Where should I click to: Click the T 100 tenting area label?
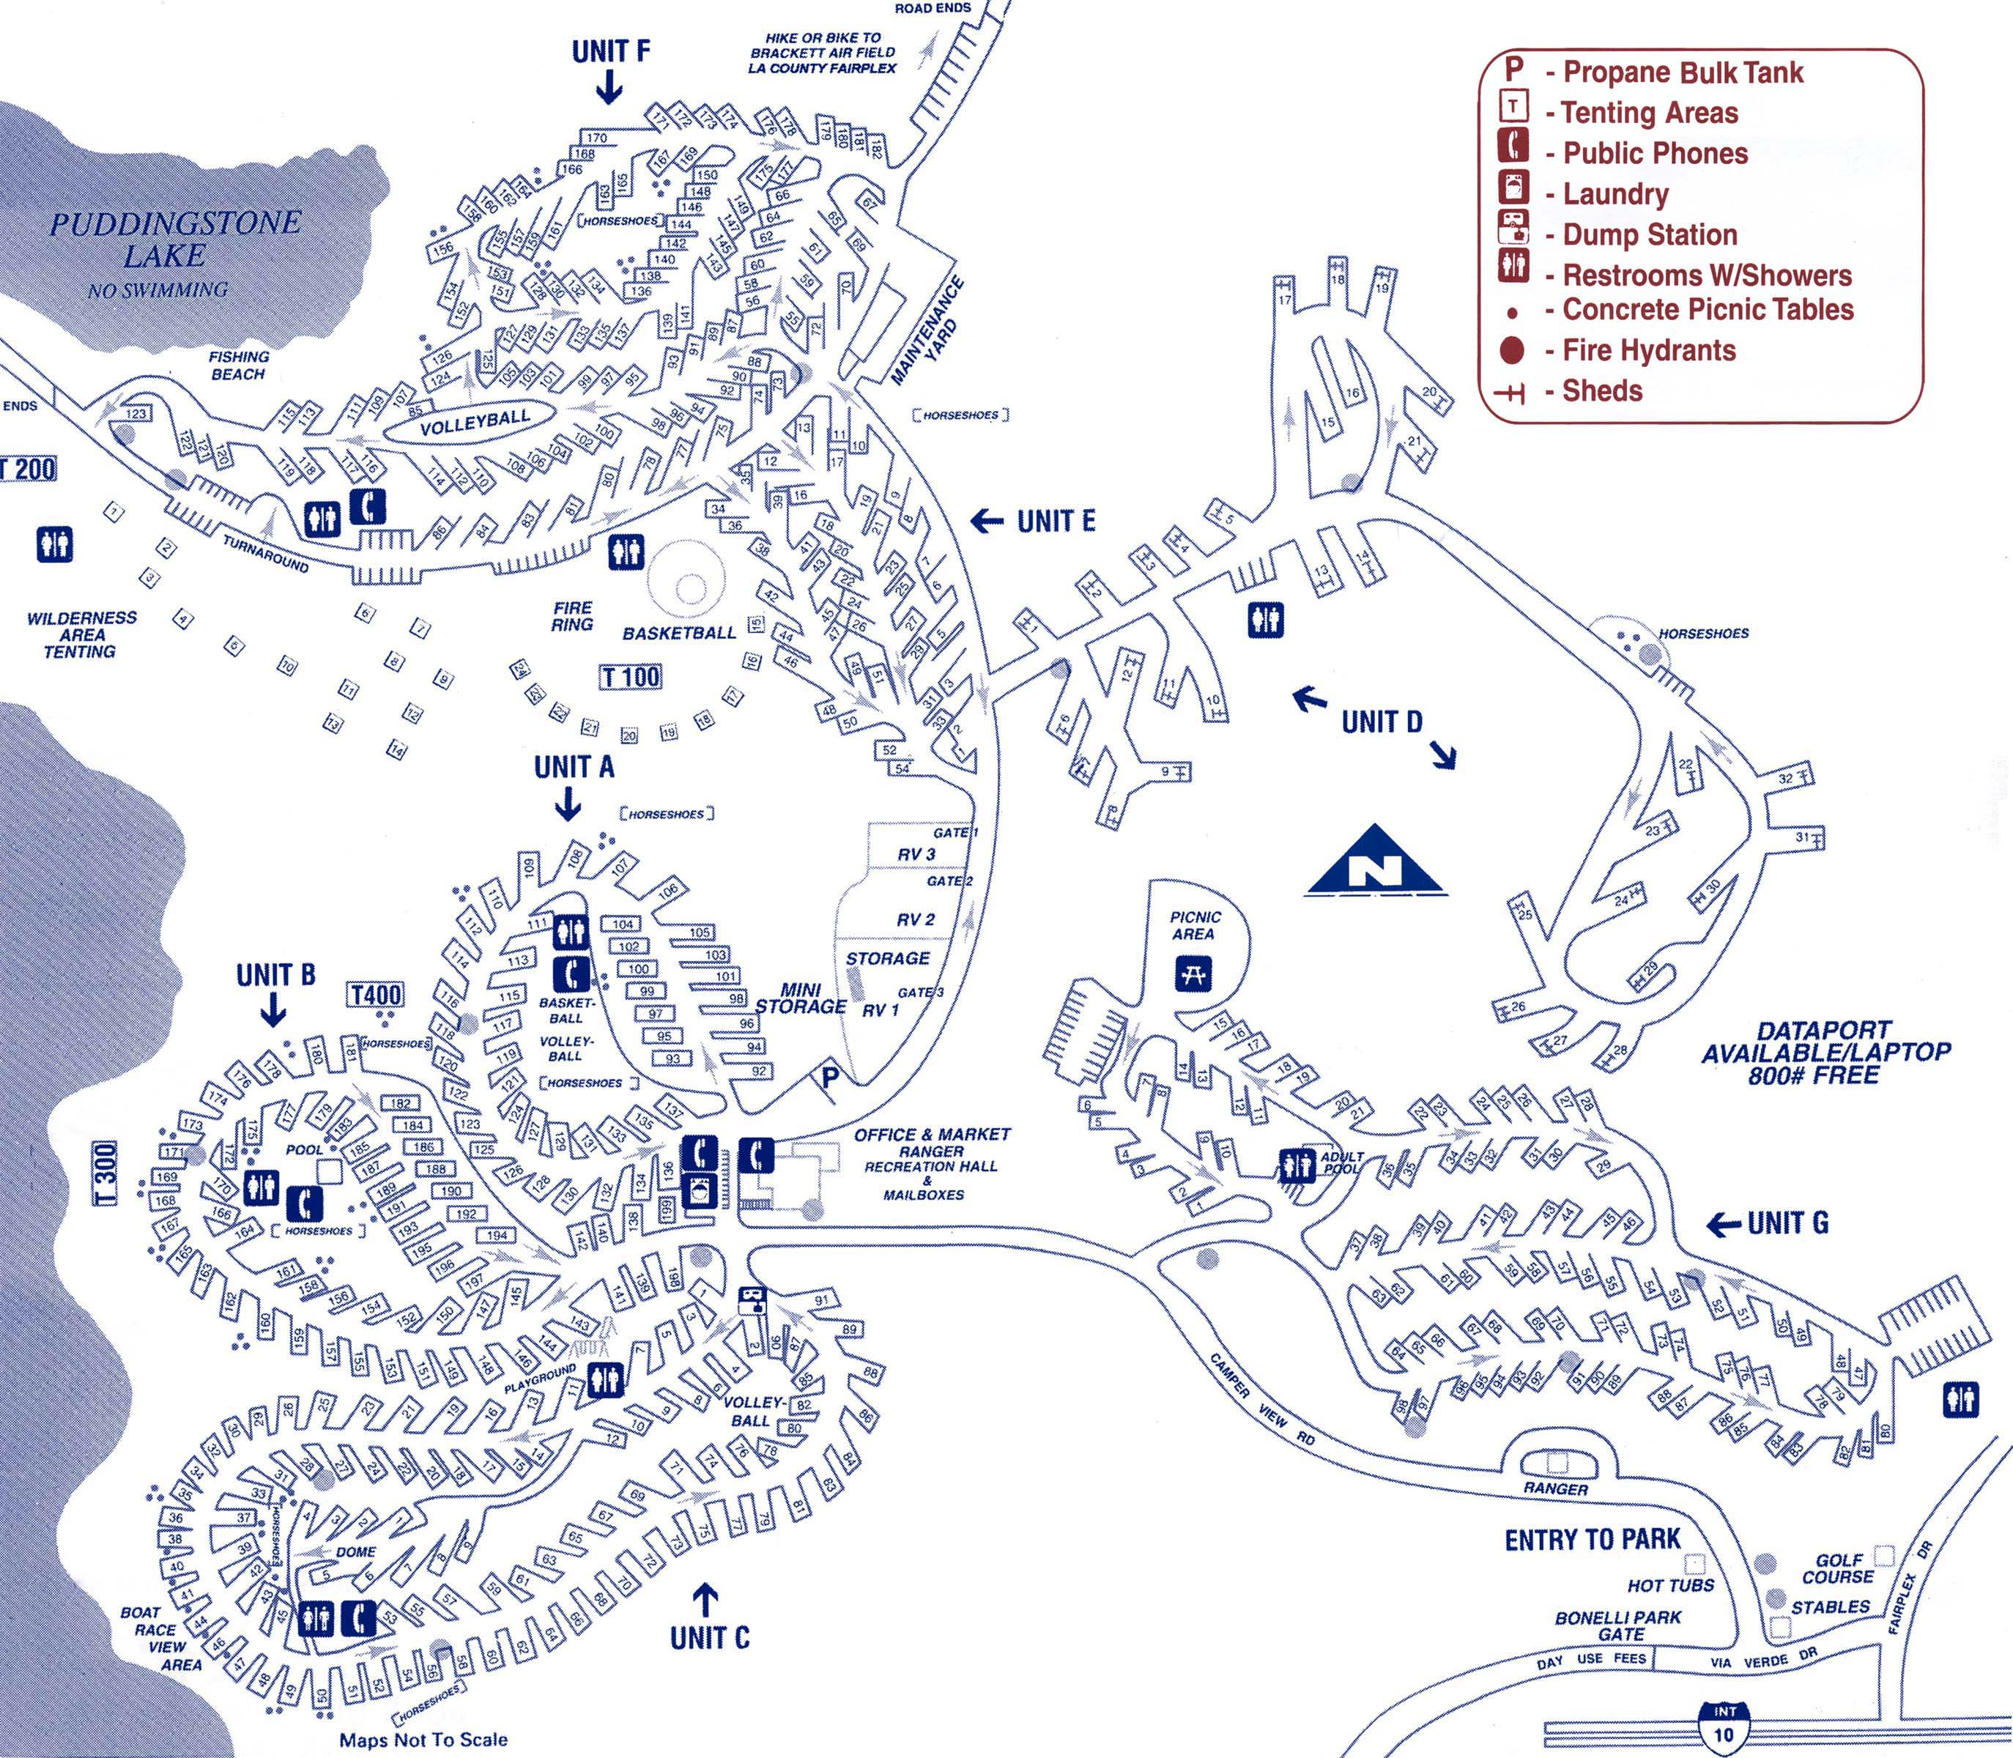pyautogui.click(x=631, y=676)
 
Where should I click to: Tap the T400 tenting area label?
pyautogui.click(x=376, y=995)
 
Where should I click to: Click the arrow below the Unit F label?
pyautogui.click(x=609, y=90)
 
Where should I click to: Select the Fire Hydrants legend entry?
pyautogui.click(x=1648, y=350)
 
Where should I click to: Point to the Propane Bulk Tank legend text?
pyautogui.click(x=1681, y=72)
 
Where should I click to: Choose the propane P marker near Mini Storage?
pyautogui.click(x=830, y=1078)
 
